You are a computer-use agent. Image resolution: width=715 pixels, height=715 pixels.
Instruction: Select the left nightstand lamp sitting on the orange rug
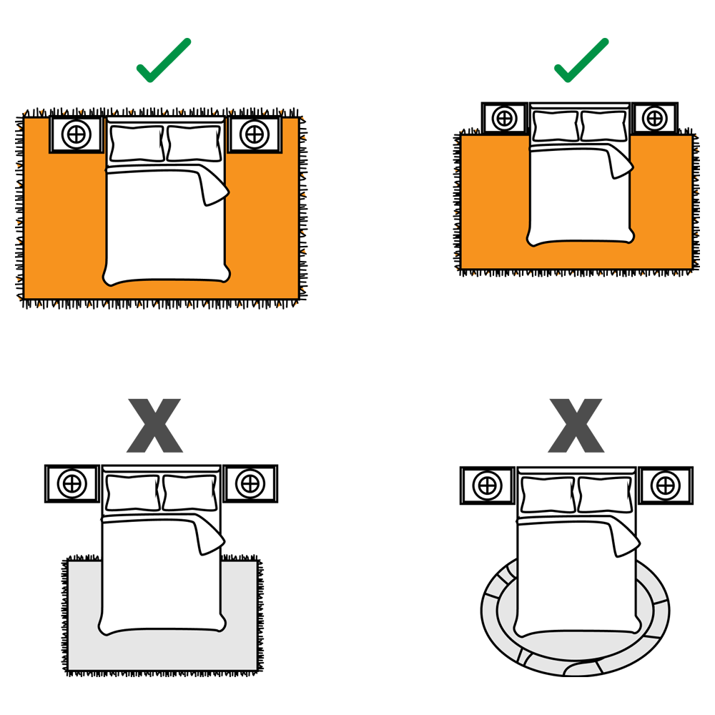[77, 134]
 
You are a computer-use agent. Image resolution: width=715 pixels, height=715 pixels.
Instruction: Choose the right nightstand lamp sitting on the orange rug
[252, 133]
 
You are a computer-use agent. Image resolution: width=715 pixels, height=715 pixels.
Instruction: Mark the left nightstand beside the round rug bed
[487, 485]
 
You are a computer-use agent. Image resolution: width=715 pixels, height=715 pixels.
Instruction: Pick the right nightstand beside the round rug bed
[665, 485]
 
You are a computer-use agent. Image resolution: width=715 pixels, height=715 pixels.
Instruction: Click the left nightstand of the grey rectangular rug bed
[71, 483]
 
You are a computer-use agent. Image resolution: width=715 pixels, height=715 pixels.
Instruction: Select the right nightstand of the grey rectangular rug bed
[250, 483]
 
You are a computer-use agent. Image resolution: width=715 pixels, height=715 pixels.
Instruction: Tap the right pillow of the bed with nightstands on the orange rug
[194, 143]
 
